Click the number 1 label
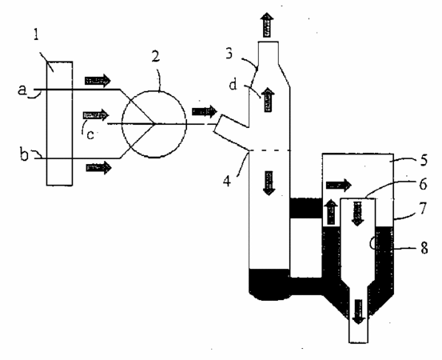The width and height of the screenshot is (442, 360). click(x=36, y=34)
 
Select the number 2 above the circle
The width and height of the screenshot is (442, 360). click(x=155, y=56)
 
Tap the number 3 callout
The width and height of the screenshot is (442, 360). click(x=229, y=54)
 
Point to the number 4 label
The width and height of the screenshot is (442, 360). click(x=227, y=181)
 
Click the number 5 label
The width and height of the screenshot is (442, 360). click(x=424, y=160)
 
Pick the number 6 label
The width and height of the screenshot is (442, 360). click(x=423, y=184)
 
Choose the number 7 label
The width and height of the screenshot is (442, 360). click(x=424, y=208)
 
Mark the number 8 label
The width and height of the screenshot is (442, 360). click(x=424, y=248)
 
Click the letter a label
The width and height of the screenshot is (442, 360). click(x=22, y=90)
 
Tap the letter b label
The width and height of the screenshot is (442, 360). click(x=24, y=155)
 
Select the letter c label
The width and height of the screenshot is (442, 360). click(x=90, y=135)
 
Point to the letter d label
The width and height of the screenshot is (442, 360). click(x=233, y=84)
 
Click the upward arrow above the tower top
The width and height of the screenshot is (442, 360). click(x=267, y=25)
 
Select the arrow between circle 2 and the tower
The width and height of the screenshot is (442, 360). click(x=205, y=111)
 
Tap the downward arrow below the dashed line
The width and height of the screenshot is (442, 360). click(x=269, y=183)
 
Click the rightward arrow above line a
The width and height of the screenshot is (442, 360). click(x=98, y=81)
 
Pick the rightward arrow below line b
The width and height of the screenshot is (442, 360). click(x=99, y=167)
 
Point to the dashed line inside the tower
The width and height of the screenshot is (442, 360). click(x=270, y=150)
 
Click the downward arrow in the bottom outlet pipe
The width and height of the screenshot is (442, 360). click(x=358, y=312)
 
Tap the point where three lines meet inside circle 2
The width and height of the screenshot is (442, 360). click(x=154, y=123)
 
